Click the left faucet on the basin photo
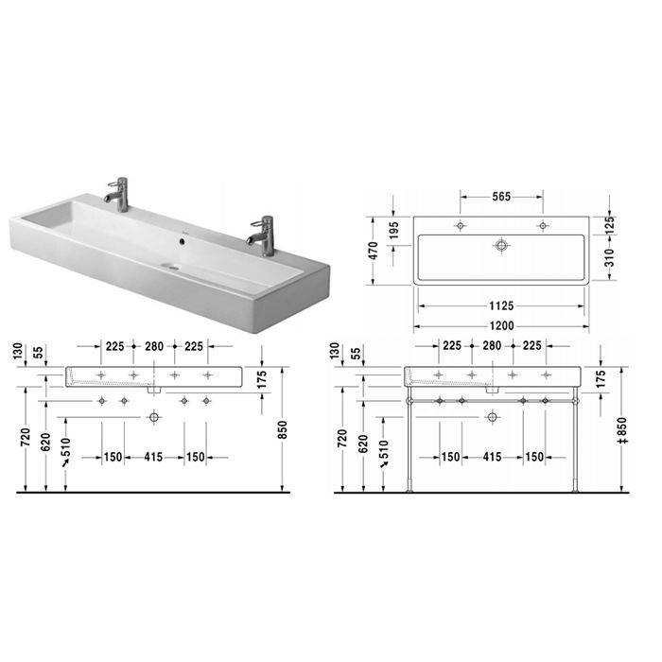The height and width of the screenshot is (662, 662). pos(117,190)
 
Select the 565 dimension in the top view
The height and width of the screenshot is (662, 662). pos(501,198)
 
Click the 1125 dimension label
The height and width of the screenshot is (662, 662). pos(501,305)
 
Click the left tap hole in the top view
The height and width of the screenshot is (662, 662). pos(461,226)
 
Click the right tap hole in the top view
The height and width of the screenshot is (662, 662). pos(543,226)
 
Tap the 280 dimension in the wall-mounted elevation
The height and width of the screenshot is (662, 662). pos(154,345)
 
